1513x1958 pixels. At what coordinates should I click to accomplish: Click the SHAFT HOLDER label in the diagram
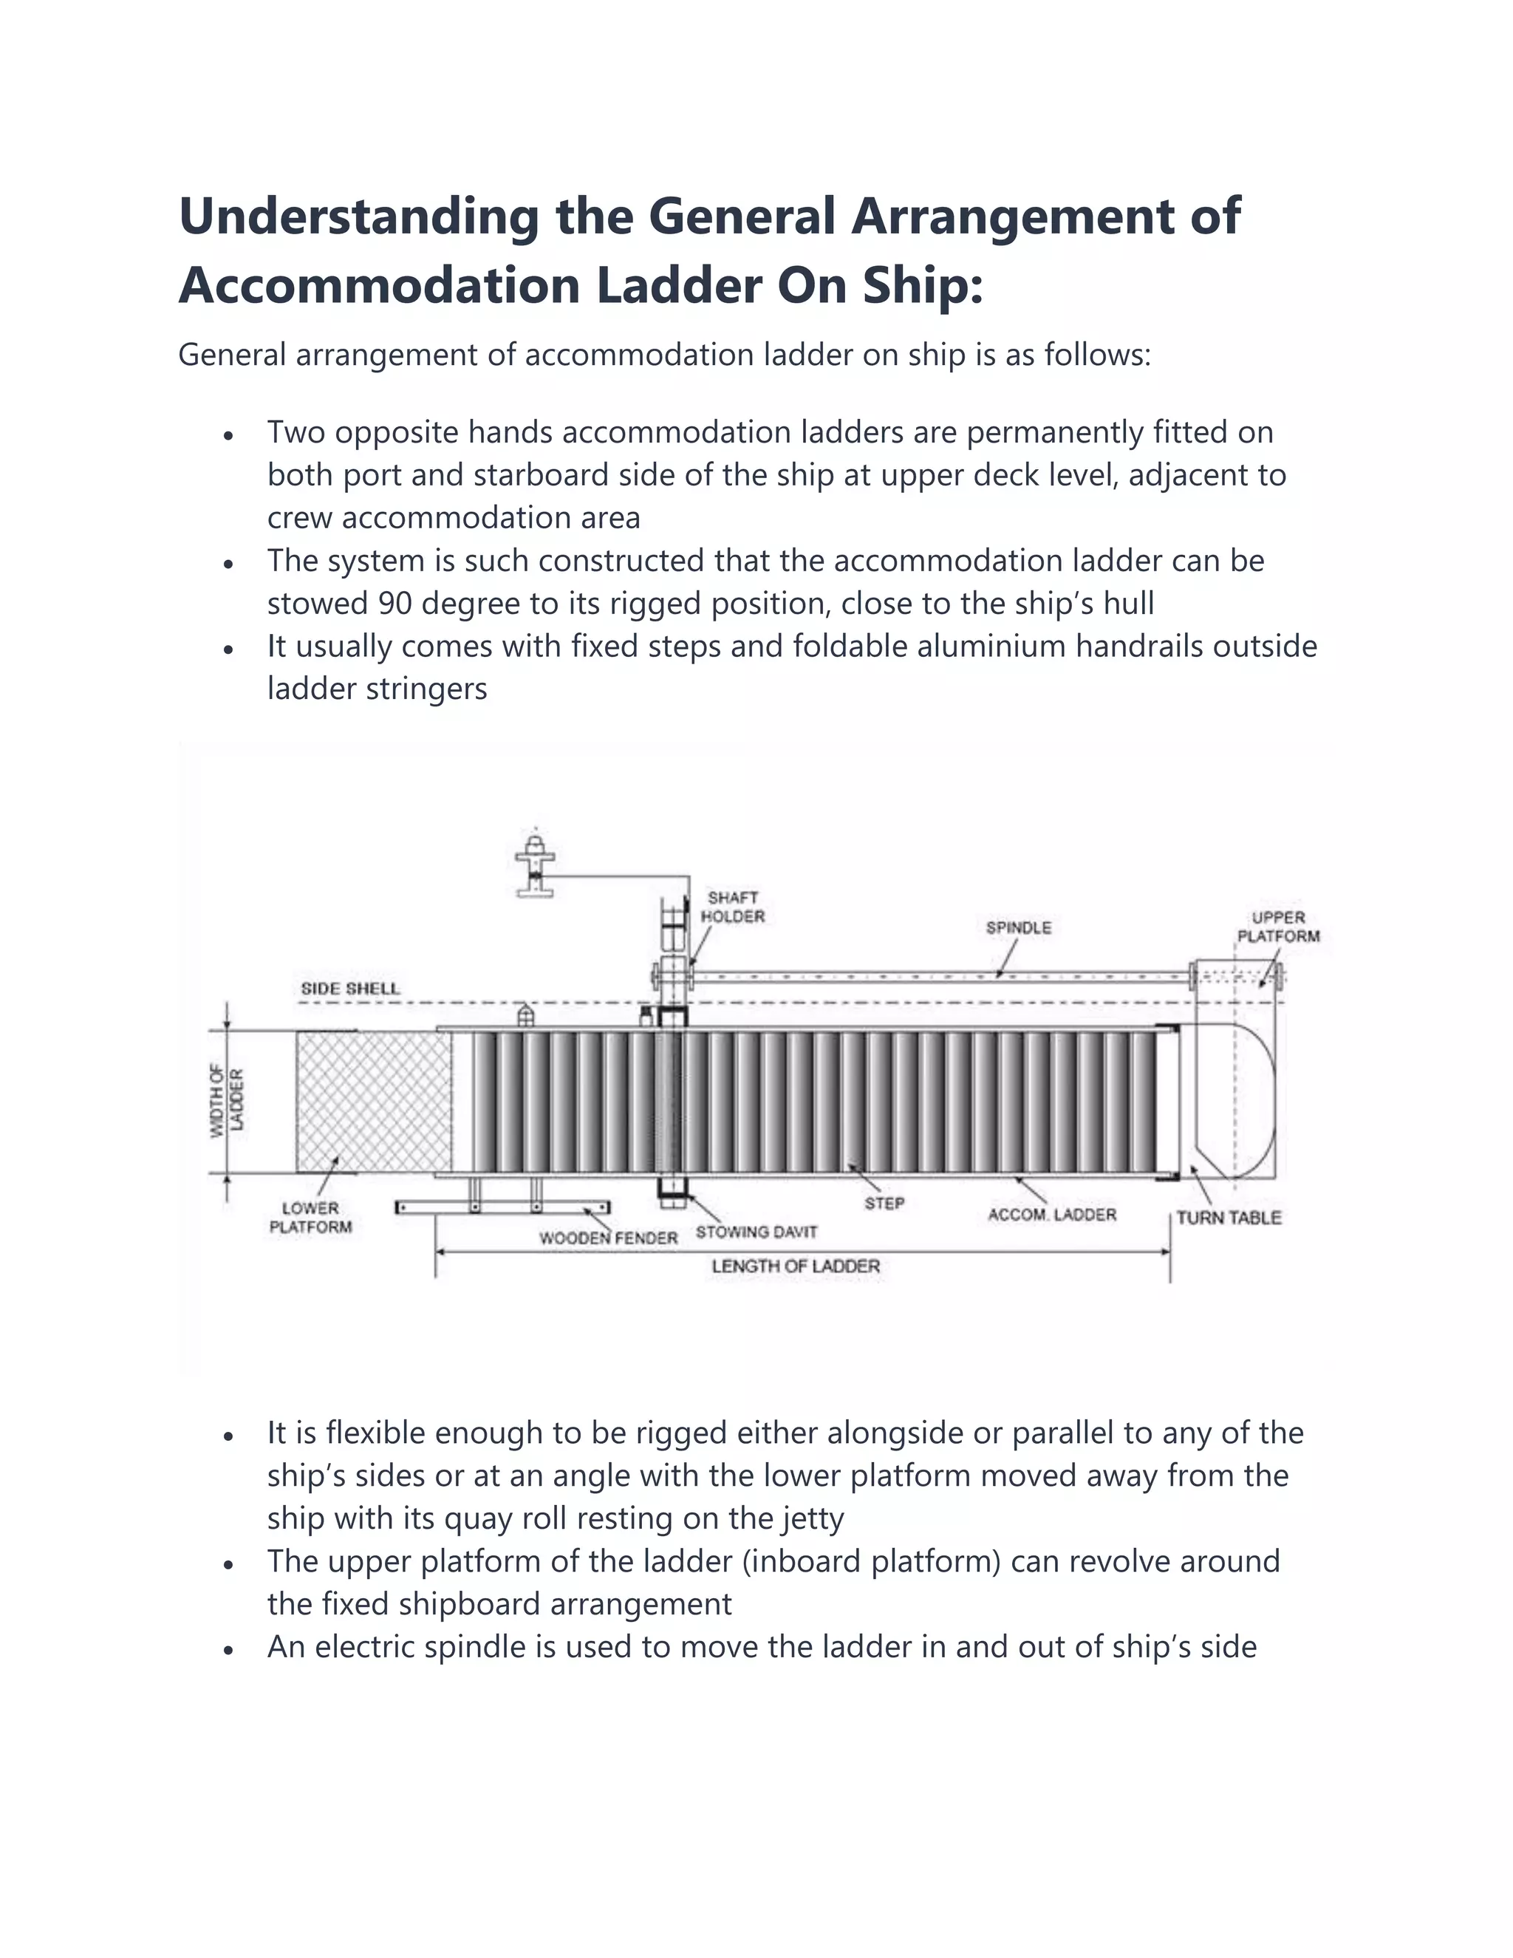point(732,907)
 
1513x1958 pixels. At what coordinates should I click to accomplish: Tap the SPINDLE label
point(1018,927)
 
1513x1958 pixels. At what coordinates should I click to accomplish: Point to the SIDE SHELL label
point(349,988)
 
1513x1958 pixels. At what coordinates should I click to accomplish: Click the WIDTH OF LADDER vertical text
point(227,1101)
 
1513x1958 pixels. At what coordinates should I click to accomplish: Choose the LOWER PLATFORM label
point(310,1218)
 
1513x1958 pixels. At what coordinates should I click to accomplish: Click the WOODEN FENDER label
point(608,1238)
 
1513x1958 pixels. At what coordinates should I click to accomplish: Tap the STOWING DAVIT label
point(756,1232)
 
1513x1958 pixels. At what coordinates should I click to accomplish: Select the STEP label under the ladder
point(884,1203)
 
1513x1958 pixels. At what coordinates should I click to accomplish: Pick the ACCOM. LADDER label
point(1051,1215)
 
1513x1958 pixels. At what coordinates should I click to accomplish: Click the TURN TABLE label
point(1228,1218)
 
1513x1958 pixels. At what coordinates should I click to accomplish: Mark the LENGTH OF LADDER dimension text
point(795,1266)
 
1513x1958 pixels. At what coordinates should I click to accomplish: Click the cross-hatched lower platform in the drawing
point(373,1101)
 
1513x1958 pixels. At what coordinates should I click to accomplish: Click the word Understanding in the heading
point(358,217)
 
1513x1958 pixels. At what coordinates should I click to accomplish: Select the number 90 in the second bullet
point(395,604)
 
